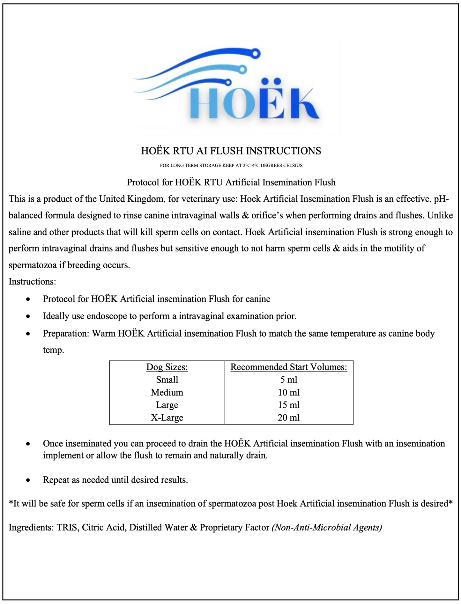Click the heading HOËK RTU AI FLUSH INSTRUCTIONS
231,151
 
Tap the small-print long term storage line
231,165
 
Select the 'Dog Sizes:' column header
167,367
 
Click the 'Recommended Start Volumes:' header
289,367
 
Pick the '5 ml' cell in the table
289,380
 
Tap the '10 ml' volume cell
289,392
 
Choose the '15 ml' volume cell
289,405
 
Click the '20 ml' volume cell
289,417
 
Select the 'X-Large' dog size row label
167,417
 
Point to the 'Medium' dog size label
167,392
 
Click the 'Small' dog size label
167,380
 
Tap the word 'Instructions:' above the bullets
32,281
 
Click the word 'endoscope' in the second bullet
107,316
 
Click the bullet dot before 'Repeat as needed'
28,480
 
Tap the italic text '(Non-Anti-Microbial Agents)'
327,527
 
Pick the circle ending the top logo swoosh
255,54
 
